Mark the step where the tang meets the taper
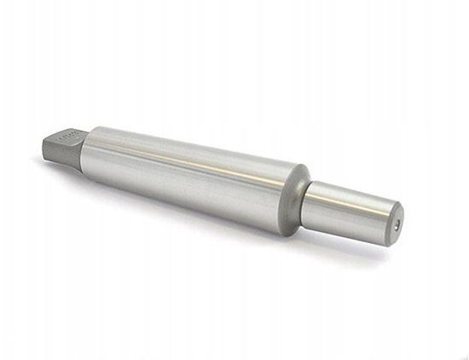pos(84,148)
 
